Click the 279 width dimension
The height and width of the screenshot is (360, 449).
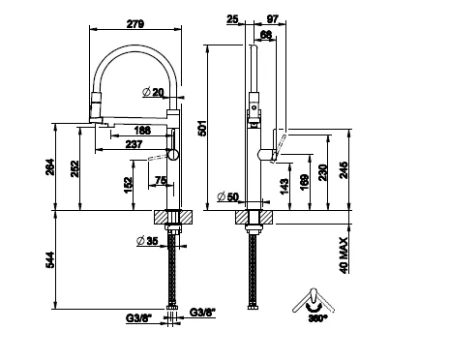tap(135, 24)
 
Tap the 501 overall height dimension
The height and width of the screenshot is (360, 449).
tap(201, 128)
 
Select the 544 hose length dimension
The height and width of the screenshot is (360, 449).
tap(50, 259)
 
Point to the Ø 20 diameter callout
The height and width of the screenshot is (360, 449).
tap(153, 92)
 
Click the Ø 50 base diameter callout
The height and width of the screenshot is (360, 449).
tap(227, 196)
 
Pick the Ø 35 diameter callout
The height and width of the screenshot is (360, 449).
tap(147, 241)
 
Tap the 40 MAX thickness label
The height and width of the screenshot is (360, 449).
tap(344, 255)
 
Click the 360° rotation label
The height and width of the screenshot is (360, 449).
tap(317, 318)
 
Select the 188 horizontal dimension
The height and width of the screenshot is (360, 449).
tap(142, 130)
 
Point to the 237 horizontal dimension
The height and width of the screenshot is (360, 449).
tap(134, 144)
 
